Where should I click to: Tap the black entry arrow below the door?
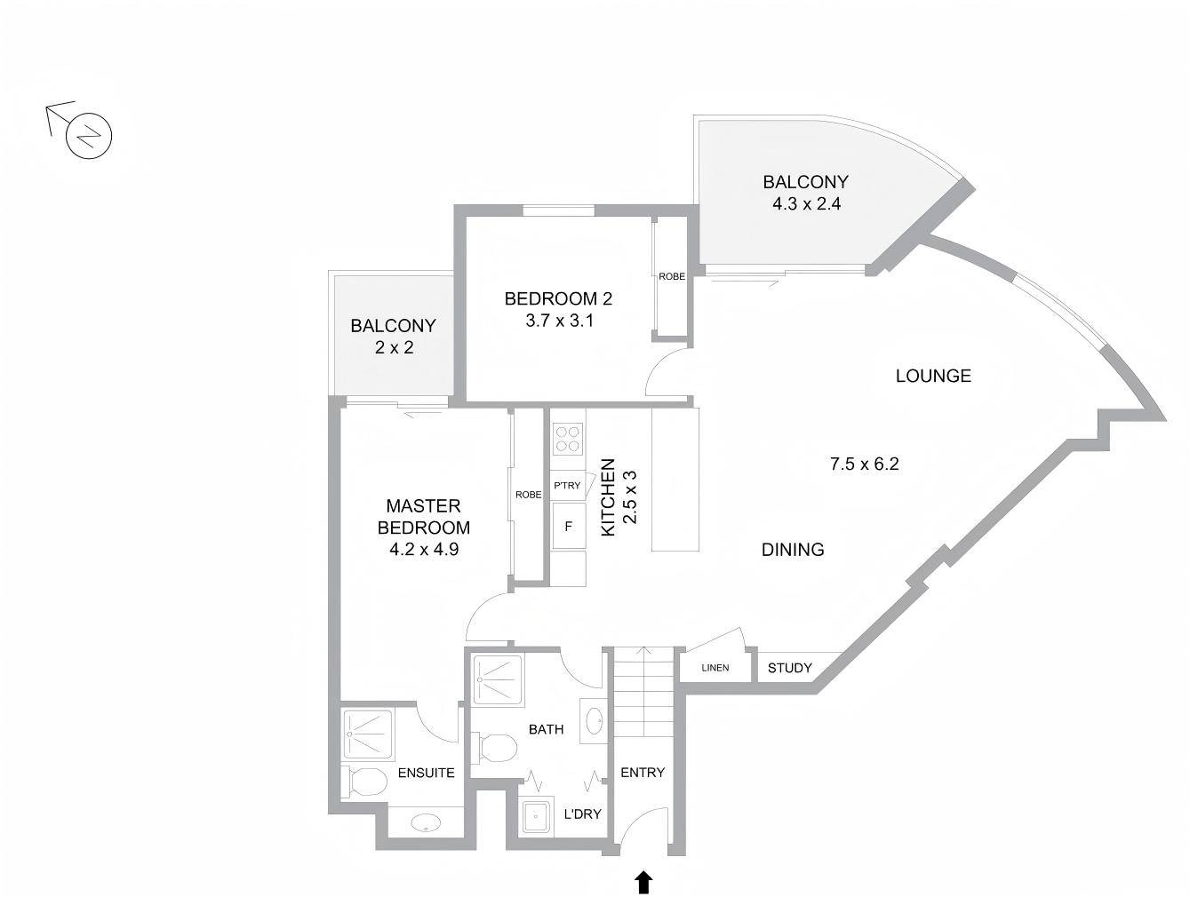click(x=643, y=882)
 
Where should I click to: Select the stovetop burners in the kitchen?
click(x=568, y=439)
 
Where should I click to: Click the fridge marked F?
click(x=568, y=526)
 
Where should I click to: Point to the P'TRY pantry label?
click(x=566, y=485)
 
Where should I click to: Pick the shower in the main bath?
click(x=498, y=680)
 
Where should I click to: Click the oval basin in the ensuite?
click(x=426, y=823)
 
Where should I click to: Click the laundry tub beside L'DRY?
click(x=538, y=814)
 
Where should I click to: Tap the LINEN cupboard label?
click(x=715, y=668)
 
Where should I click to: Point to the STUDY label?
click(x=789, y=668)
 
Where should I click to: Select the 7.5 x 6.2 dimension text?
click(x=864, y=464)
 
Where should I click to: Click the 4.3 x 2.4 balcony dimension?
click(x=806, y=203)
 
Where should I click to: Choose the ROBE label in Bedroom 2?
click(x=671, y=276)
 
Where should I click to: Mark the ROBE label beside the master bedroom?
click(x=528, y=495)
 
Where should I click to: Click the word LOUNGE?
click(x=933, y=376)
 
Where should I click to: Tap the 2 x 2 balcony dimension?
click(x=394, y=347)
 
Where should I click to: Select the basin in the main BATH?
click(x=595, y=721)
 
